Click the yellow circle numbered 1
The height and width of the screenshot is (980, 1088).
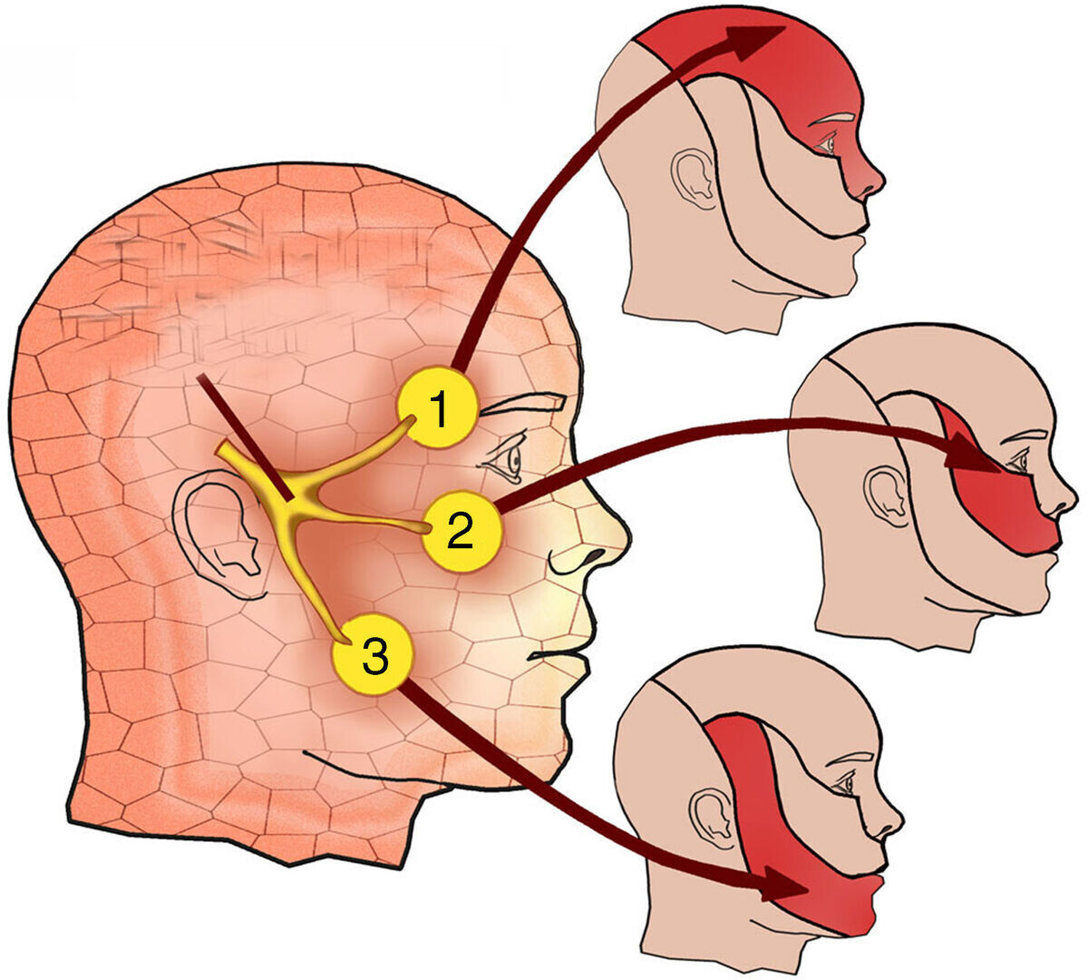click(x=438, y=407)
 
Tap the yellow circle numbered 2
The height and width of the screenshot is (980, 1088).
click(x=461, y=532)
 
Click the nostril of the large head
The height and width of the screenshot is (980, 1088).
click(x=596, y=554)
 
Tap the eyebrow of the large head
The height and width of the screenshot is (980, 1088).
click(x=523, y=404)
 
